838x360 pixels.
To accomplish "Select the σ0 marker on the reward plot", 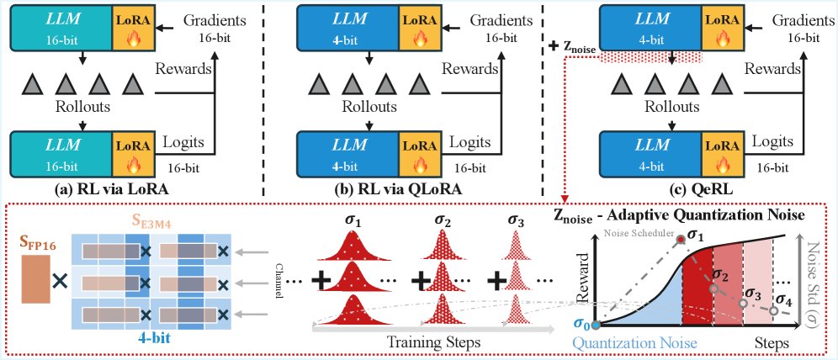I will point(596,324).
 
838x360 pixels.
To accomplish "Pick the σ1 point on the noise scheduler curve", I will point(682,241).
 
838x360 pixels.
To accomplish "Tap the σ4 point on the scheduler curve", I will point(772,310).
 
